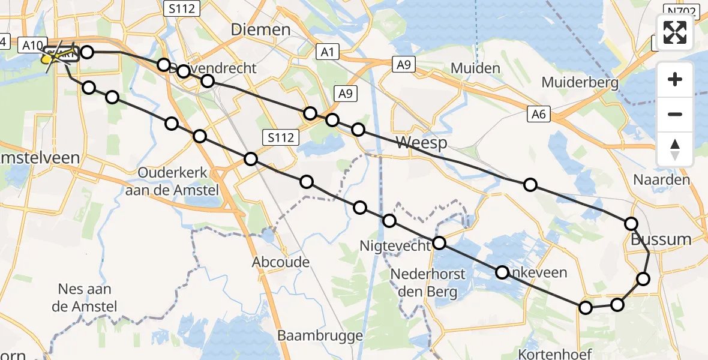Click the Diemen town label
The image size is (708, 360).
[x=261, y=29]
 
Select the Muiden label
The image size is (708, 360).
[x=475, y=68]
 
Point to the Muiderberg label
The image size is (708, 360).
[x=580, y=82]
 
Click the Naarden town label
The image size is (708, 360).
[x=662, y=179]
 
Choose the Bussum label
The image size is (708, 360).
[x=661, y=239]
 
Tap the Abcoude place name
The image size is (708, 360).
[x=281, y=262]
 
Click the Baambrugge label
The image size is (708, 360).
[x=320, y=335]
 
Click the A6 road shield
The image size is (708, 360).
[x=539, y=113]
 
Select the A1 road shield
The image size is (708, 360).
[x=327, y=52]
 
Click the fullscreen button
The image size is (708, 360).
[x=675, y=32]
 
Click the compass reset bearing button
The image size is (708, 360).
[x=675, y=149]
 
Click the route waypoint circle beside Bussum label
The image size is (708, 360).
[x=631, y=224]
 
